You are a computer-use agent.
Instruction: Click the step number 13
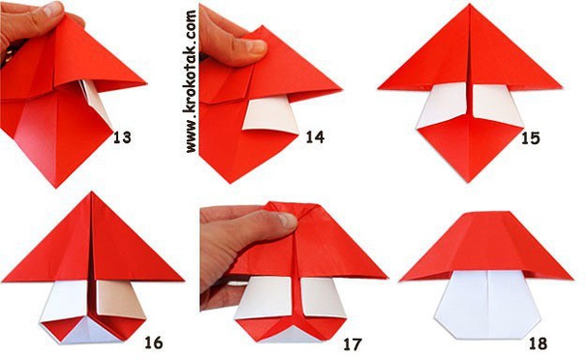122,137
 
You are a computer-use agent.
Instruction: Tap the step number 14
315,137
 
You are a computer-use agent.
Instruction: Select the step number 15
531,138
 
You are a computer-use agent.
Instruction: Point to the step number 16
154,343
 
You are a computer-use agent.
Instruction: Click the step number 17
353,345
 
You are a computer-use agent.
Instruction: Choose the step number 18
538,344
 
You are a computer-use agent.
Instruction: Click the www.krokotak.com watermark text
191,81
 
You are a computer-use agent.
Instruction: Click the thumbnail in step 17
288,221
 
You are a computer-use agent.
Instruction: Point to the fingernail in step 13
52,8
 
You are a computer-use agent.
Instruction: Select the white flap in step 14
270,114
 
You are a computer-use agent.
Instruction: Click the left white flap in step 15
443,105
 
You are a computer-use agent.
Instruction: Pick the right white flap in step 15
497,105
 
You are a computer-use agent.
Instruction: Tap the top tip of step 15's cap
470,5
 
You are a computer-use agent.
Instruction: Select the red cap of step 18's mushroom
487,246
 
